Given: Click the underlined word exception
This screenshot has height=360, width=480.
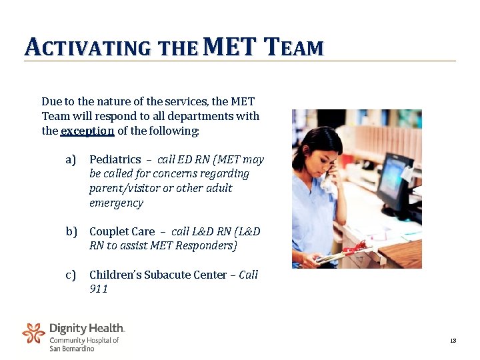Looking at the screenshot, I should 87,131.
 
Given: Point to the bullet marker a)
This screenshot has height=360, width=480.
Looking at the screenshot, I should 71,159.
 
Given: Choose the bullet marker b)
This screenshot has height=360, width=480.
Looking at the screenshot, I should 71,231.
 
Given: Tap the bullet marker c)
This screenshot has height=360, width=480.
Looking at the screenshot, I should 71,275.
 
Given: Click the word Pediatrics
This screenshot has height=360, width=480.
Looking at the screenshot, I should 115,159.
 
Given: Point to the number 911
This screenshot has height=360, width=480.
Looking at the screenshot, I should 99,289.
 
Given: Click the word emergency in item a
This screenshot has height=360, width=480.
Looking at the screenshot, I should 116,203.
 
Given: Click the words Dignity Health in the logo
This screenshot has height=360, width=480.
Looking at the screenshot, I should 87,328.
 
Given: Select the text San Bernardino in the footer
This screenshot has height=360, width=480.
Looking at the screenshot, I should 72,348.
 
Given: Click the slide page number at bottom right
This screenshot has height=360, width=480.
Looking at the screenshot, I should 453,341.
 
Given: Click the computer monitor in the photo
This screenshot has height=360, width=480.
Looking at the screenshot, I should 394,177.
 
